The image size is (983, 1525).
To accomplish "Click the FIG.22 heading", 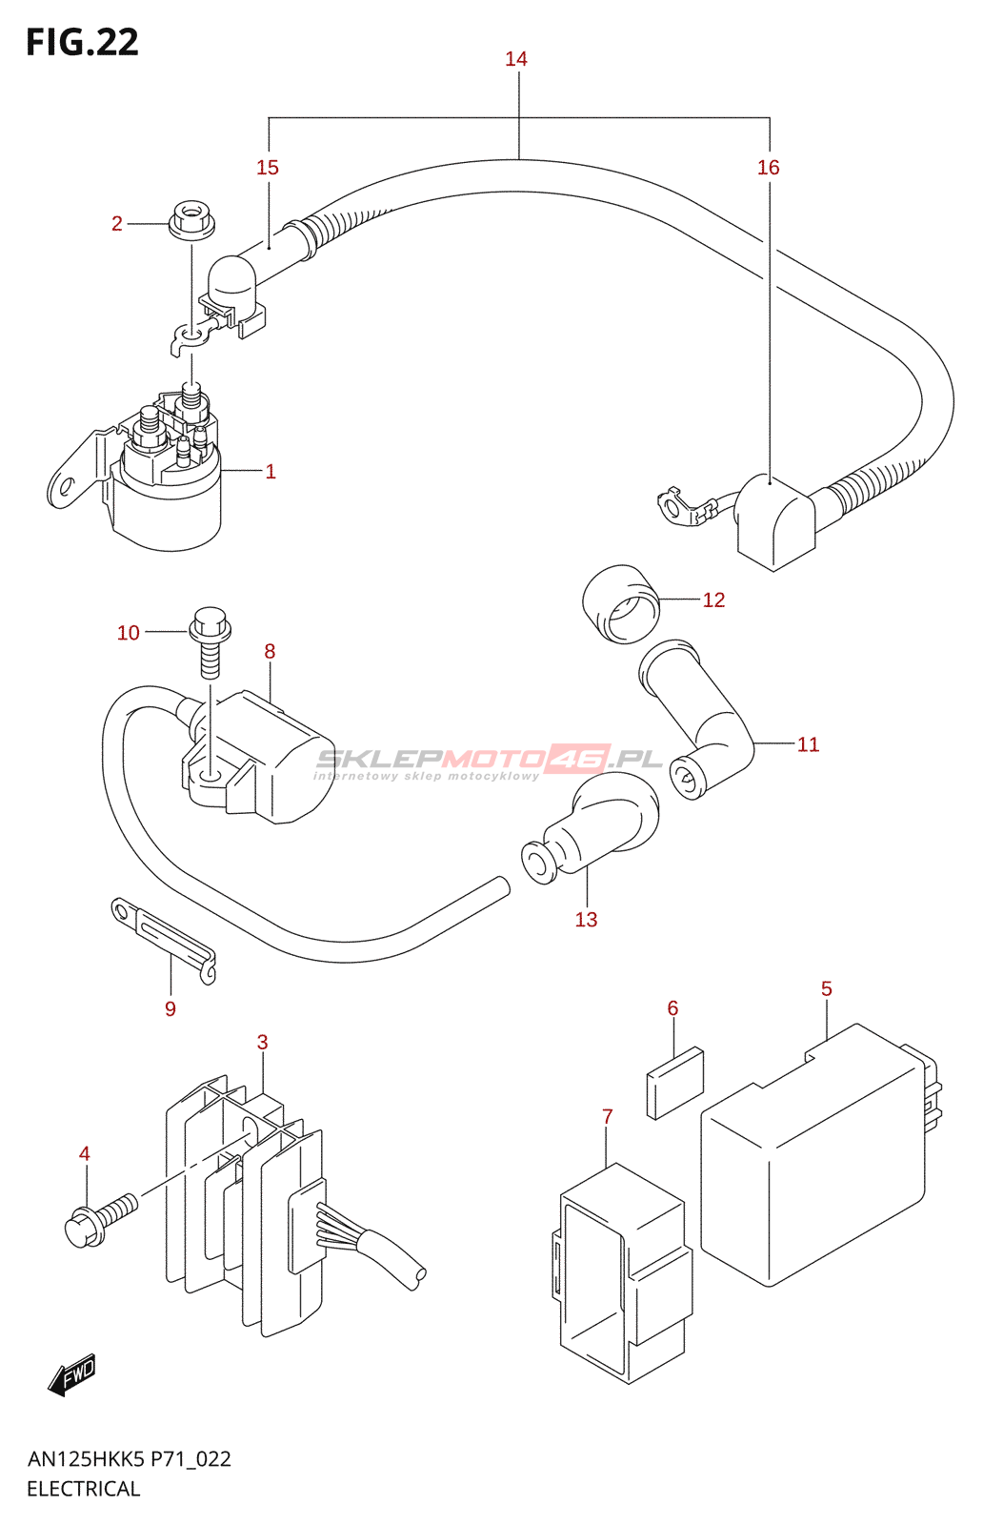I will tap(82, 42).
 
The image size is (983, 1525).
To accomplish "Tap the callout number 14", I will tap(516, 59).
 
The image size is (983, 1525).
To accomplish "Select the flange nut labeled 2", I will tap(191, 220).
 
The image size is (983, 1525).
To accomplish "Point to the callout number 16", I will tap(768, 168).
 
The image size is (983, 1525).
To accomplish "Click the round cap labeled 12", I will tap(621, 603).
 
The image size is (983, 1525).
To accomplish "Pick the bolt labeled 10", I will tap(210, 642).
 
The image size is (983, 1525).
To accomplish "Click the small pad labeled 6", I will tap(674, 1082).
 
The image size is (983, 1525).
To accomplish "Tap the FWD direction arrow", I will tap(72, 1376).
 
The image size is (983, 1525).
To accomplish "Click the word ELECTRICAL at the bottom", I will tap(84, 1489).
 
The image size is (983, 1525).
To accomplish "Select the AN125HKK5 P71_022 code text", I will tap(130, 1459).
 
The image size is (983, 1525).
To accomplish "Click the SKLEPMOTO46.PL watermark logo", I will tap(488, 762).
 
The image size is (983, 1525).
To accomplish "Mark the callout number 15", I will tap(268, 168).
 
